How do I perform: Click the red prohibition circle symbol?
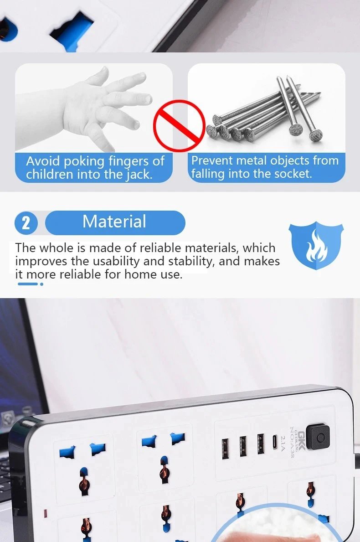click(x=179, y=126)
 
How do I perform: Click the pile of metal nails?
click(x=264, y=114)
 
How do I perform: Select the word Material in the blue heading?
click(x=114, y=222)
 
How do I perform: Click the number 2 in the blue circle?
click(x=26, y=223)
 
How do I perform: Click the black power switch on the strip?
click(x=318, y=437)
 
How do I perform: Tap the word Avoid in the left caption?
click(x=43, y=161)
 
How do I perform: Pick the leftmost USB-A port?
click(x=226, y=445)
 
